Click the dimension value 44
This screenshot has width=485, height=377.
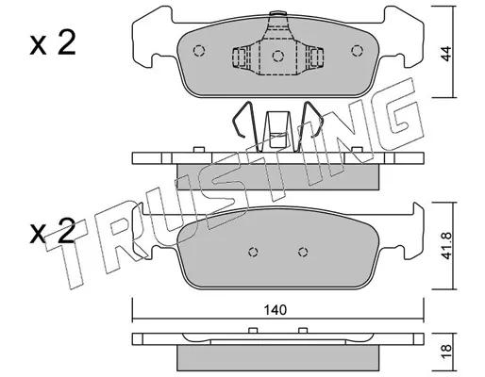click(x=445, y=54)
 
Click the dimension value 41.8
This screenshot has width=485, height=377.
click(x=446, y=246)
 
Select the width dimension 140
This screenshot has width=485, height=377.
click(x=276, y=310)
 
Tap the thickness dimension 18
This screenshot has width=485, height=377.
click(x=446, y=348)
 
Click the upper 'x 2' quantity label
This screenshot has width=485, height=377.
click(x=53, y=43)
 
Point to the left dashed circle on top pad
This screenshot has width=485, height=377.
click(x=199, y=51)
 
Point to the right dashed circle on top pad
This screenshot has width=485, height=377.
click(x=357, y=50)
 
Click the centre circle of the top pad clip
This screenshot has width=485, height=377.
click(x=278, y=56)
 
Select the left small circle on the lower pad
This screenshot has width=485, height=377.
click(x=253, y=252)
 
